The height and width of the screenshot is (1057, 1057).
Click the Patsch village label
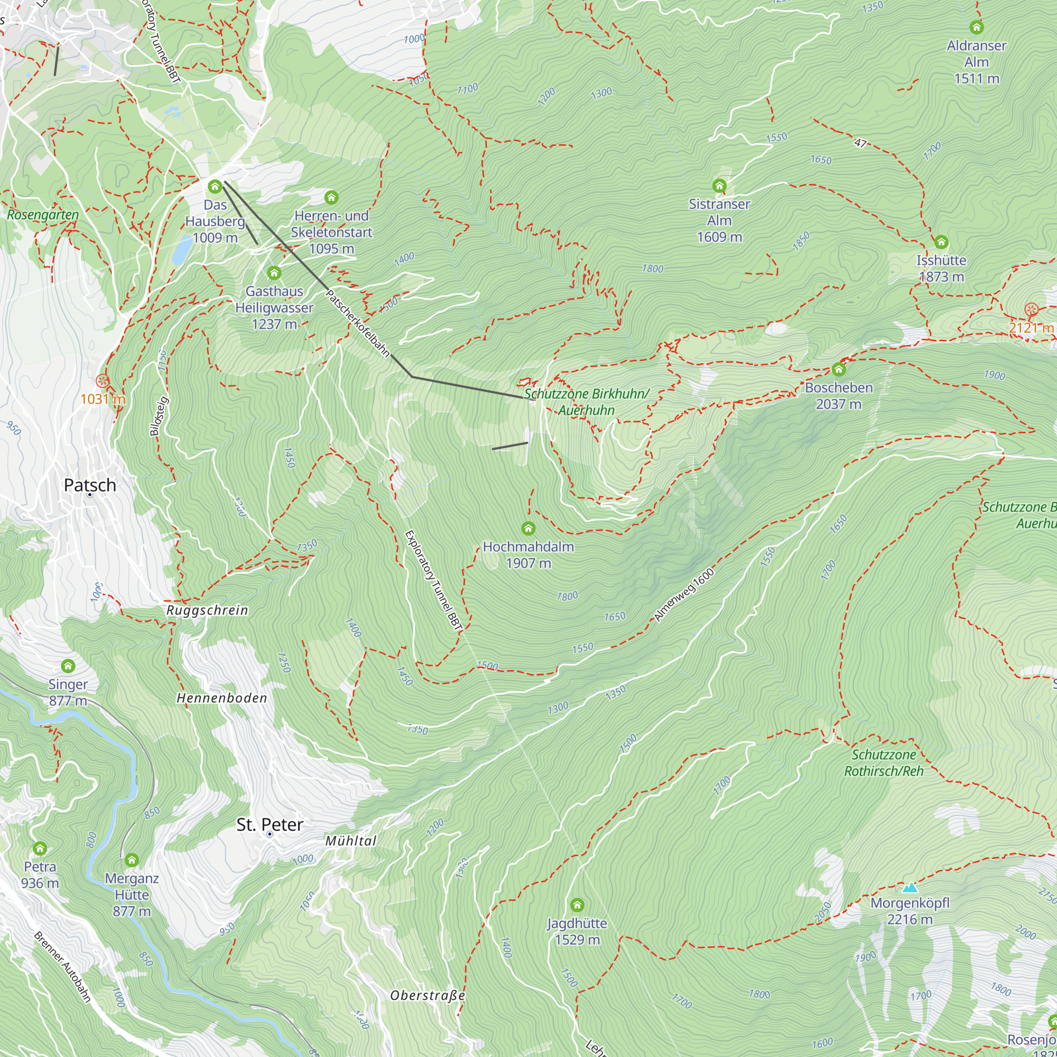click(90, 485)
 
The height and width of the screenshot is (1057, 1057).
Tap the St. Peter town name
click(269, 824)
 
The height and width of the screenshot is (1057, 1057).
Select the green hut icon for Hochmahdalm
click(528, 528)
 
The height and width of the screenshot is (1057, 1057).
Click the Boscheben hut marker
click(839, 369)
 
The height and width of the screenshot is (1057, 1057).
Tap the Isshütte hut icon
click(941, 242)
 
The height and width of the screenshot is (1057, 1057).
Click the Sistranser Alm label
click(719, 220)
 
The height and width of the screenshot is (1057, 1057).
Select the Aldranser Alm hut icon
click(977, 27)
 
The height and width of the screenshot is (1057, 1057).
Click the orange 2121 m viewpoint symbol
click(1031, 310)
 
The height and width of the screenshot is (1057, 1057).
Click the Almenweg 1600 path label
click(684, 595)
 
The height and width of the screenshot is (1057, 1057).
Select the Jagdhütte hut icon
click(577, 904)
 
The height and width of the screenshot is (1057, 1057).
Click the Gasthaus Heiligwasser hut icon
click(274, 273)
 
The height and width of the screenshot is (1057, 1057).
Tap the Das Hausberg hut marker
click(215, 187)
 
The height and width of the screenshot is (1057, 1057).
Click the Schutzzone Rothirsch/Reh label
click(884, 763)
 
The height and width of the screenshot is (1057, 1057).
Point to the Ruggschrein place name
click(207, 610)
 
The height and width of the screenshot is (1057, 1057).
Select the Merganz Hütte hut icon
click(131, 860)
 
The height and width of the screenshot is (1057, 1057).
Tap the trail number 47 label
click(860, 143)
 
